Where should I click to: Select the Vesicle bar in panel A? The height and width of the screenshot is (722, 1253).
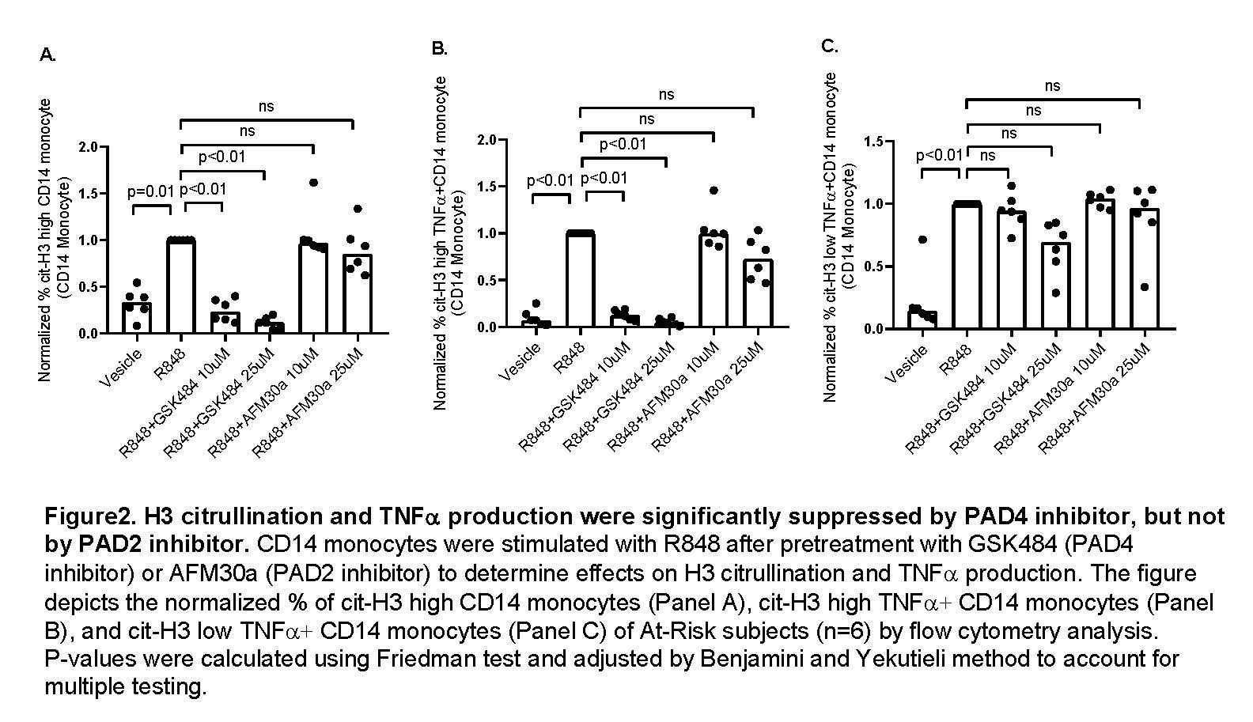click(x=137, y=317)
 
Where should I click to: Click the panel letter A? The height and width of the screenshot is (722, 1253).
click(x=47, y=55)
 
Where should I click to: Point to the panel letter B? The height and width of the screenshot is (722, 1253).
click(x=439, y=49)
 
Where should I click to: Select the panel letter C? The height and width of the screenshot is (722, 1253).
click(x=829, y=46)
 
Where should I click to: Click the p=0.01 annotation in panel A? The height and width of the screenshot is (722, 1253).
click(x=150, y=192)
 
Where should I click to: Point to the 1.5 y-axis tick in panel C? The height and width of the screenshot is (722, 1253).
click(x=875, y=142)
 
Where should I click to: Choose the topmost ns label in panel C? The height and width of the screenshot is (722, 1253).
click(x=1051, y=86)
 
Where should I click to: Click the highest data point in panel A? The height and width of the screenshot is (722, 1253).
click(x=313, y=183)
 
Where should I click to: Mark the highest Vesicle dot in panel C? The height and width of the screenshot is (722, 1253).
click(x=922, y=240)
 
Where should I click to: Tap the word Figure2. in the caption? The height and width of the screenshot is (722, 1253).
click(x=89, y=517)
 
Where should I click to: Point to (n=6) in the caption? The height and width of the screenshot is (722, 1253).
click(x=852, y=631)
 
